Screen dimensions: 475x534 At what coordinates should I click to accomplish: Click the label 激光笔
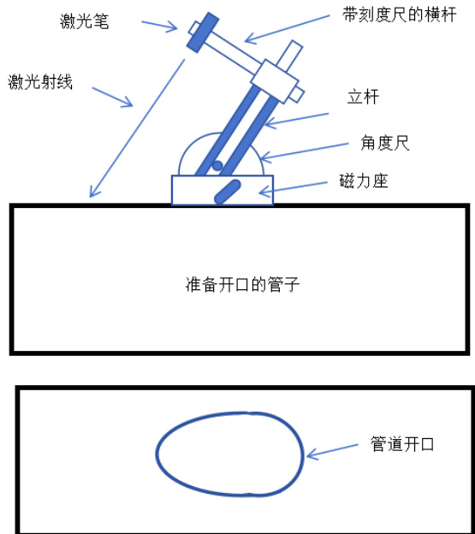[84, 21]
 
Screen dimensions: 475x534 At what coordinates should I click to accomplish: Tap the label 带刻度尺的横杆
[399, 15]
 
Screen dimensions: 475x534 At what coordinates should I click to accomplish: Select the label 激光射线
[40, 82]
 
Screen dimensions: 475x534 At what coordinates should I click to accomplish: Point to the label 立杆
[363, 97]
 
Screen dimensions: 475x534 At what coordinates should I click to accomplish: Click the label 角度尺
[385, 143]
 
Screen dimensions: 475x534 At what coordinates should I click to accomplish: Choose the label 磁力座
[364, 181]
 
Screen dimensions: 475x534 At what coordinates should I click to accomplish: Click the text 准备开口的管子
[242, 284]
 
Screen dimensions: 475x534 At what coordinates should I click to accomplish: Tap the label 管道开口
[402, 444]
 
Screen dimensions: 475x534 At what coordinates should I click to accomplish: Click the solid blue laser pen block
[203, 33]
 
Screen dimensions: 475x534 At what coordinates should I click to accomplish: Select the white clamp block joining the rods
[275, 81]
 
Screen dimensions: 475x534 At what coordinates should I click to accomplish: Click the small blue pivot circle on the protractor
[217, 166]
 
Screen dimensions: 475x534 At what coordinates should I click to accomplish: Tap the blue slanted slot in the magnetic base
[228, 192]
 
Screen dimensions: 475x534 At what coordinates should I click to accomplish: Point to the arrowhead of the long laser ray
[93, 193]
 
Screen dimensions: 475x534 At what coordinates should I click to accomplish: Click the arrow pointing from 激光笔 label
[159, 27]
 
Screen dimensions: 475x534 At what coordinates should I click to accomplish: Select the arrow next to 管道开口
[332, 451]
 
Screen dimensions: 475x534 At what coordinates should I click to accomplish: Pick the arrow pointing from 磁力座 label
[294, 188]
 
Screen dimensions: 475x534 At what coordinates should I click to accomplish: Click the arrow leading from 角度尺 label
[304, 151]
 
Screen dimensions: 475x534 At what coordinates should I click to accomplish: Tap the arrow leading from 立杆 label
[296, 120]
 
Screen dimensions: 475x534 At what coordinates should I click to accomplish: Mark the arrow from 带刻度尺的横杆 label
[287, 29]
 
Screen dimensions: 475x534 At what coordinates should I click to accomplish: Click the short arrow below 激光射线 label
[112, 97]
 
